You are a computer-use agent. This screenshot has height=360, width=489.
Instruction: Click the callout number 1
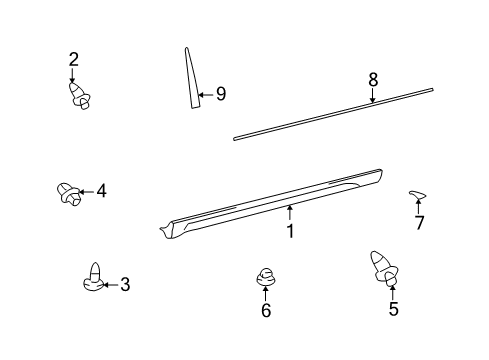[290, 231]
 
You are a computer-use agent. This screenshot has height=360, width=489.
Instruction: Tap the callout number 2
[73, 59]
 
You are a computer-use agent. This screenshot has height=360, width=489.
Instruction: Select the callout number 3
[125, 285]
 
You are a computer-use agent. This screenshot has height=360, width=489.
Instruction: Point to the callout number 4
[101, 190]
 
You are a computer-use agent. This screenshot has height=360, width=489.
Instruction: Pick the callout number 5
[392, 309]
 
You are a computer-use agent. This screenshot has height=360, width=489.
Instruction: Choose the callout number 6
[265, 311]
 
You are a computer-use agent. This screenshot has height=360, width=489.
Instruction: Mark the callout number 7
[419, 223]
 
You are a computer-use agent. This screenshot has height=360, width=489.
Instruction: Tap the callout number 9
[220, 94]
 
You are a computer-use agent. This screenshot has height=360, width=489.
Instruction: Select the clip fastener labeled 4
[67, 191]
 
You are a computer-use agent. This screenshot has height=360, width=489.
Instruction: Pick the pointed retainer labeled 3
[93, 279]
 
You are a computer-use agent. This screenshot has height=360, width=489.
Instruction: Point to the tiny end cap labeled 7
[416, 194]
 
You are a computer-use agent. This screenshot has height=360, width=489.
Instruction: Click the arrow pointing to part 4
[86, 190]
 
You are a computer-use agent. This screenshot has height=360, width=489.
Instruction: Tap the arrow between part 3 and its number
[111, 285]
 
